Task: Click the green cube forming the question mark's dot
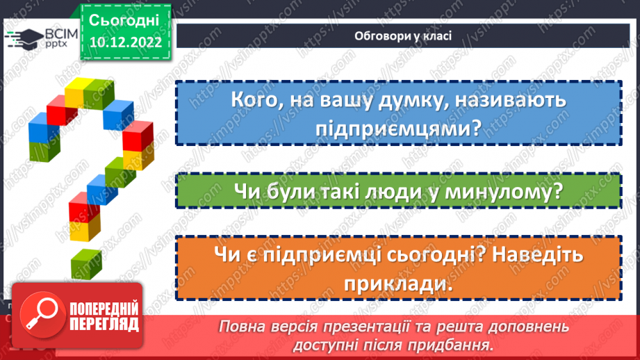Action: (x=87, y=263)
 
